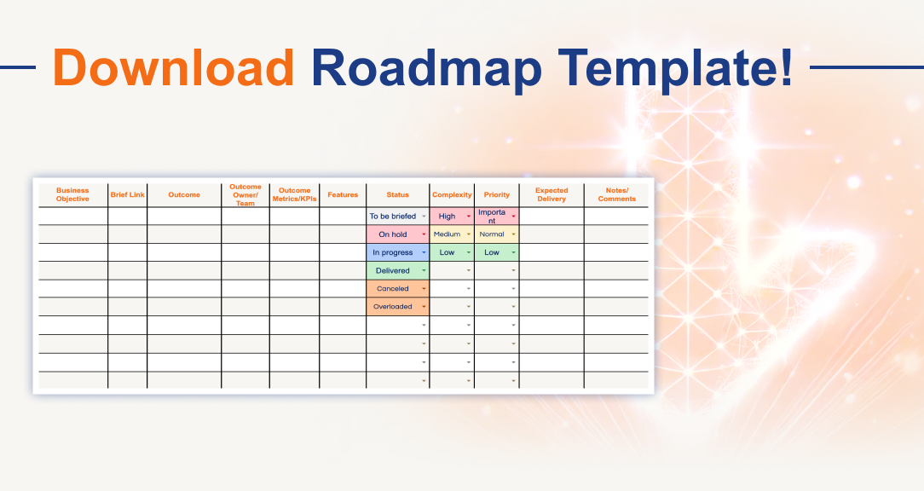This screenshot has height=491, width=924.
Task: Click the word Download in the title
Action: pyautogui.click(x=174, y=66)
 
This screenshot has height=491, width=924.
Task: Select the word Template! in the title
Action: pyautogui.click(x=674, y=66)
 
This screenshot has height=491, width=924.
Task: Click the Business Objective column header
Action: pyautogui.click(x=72, y=195)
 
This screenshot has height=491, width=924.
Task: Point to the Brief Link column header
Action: pyautogui.click(x=128, y=195)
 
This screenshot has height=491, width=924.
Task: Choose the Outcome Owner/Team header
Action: pyautogui.click(x=245, y=195)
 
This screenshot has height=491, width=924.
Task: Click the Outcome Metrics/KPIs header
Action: pyautogui.click(x=295, y=195)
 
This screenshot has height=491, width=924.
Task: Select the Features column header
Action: pyautogui.click(x=343, y=195)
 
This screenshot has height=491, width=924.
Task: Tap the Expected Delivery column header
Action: pyautogui.click(x=552, y=195)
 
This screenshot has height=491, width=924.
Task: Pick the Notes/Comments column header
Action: pyautogui.click(x=616, y=195)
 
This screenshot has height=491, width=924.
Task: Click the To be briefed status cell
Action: pyautogui.click(x=393, y=217)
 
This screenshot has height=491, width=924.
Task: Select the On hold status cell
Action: pyautogui.click(x=393, y=234)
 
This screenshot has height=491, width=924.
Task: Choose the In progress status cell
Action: pyautogui.click(x=393, y=252)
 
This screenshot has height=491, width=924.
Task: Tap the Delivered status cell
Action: pyautogui.click(x=393, y=271)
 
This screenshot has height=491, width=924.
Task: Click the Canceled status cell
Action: pyautogui.click(x=393, y=289)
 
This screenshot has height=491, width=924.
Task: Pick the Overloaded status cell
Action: pyautogui.click(x=393, y=307)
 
